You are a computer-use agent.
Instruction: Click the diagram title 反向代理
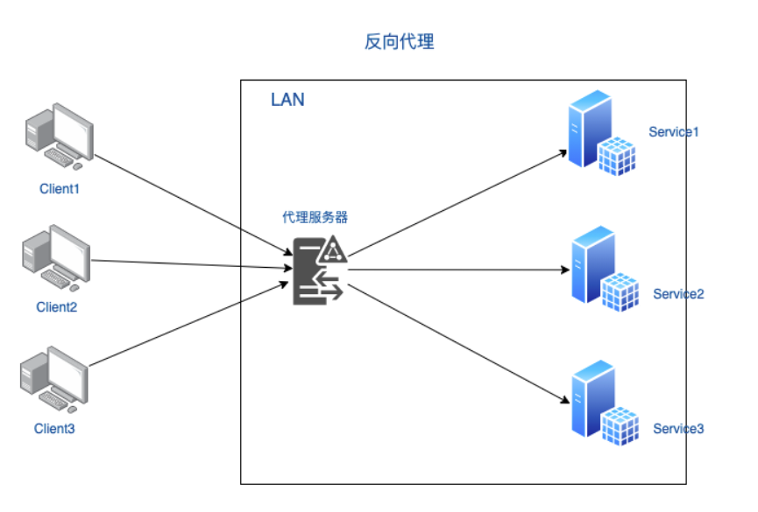399,41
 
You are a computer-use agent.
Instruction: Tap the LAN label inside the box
287,100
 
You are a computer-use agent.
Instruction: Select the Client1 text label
59,189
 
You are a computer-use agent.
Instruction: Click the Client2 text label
57,306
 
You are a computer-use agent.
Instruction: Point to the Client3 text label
54,429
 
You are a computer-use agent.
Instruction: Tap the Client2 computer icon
56,258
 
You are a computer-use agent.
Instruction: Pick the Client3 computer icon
54,380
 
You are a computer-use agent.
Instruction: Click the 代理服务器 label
315,217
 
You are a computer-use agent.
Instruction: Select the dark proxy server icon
320,270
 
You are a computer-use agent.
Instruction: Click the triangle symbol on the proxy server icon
332,249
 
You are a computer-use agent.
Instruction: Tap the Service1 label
673,132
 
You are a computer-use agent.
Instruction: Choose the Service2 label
678,294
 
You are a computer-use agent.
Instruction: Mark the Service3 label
678,429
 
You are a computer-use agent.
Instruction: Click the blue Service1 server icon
601,133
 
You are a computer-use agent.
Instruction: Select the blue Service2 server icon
605,269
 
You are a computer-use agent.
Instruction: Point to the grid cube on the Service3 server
620,425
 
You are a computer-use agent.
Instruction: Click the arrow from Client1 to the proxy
194,205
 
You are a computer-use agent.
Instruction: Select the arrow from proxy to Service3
459,343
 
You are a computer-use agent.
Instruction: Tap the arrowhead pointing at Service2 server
565,270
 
